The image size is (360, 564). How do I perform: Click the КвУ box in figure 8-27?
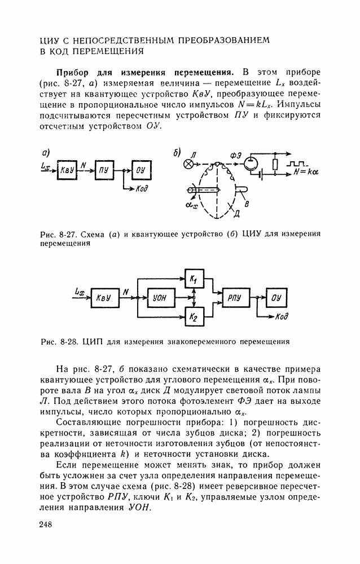pos(67,169)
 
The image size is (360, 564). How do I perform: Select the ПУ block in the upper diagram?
pos(103,169)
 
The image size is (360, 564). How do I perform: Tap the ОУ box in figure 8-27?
pos(141,169)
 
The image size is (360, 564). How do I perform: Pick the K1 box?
pos(194,279)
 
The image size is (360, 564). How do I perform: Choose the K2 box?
pos(194,316)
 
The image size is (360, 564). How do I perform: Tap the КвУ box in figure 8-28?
pos(103,297)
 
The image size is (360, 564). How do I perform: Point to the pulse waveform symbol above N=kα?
pos(298,164)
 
